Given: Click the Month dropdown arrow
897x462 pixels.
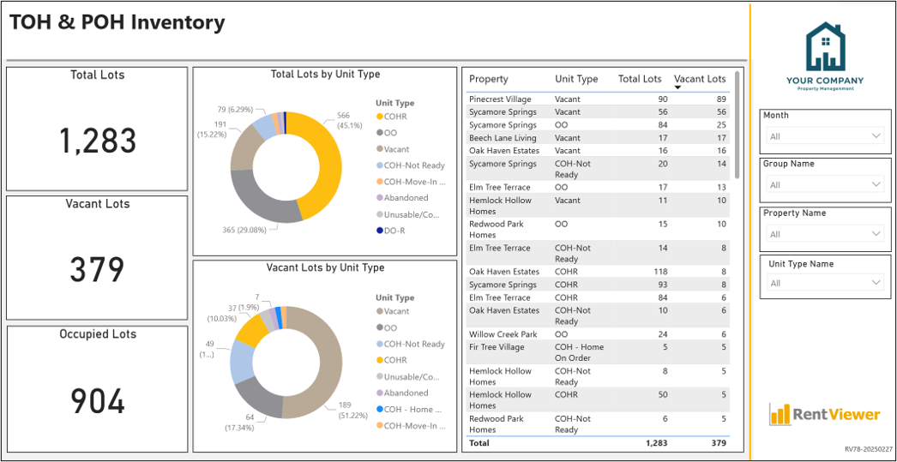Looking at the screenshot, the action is point(876,135).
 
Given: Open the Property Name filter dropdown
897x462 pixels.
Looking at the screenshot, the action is point(826,234).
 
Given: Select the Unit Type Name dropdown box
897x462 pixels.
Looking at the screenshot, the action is point(826,283).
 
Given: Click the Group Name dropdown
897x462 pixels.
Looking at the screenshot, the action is point(826,184).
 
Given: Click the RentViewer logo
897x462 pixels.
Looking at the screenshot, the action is point(824,413).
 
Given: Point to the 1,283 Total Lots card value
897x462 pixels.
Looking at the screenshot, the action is point(98,141).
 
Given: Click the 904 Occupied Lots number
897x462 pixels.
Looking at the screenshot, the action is point(98,401).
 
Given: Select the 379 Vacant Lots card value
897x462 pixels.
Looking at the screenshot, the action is point(98,270).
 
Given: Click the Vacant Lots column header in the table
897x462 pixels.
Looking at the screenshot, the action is point(700,79).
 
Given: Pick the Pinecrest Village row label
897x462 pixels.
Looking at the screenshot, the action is point(500,99).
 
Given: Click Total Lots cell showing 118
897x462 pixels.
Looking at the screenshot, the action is point(660,272).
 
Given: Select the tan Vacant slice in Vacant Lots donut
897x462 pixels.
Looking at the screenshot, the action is point(321,366).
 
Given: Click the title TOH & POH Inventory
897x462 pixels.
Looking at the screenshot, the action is point(117,22).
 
